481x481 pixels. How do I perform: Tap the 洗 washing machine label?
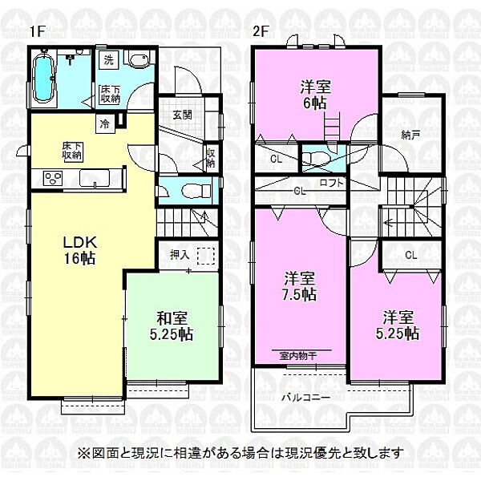(x=107, y=59)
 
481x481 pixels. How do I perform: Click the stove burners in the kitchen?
(x=52, y=179)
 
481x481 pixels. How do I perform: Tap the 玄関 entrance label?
(x=181, y=115)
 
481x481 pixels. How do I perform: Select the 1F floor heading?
(x=36, y=31)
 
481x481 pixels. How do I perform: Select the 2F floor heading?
(x=258, y=31)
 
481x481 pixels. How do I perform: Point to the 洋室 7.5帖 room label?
(x=299, y=286)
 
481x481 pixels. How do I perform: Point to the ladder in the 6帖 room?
(x=333, y=130)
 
